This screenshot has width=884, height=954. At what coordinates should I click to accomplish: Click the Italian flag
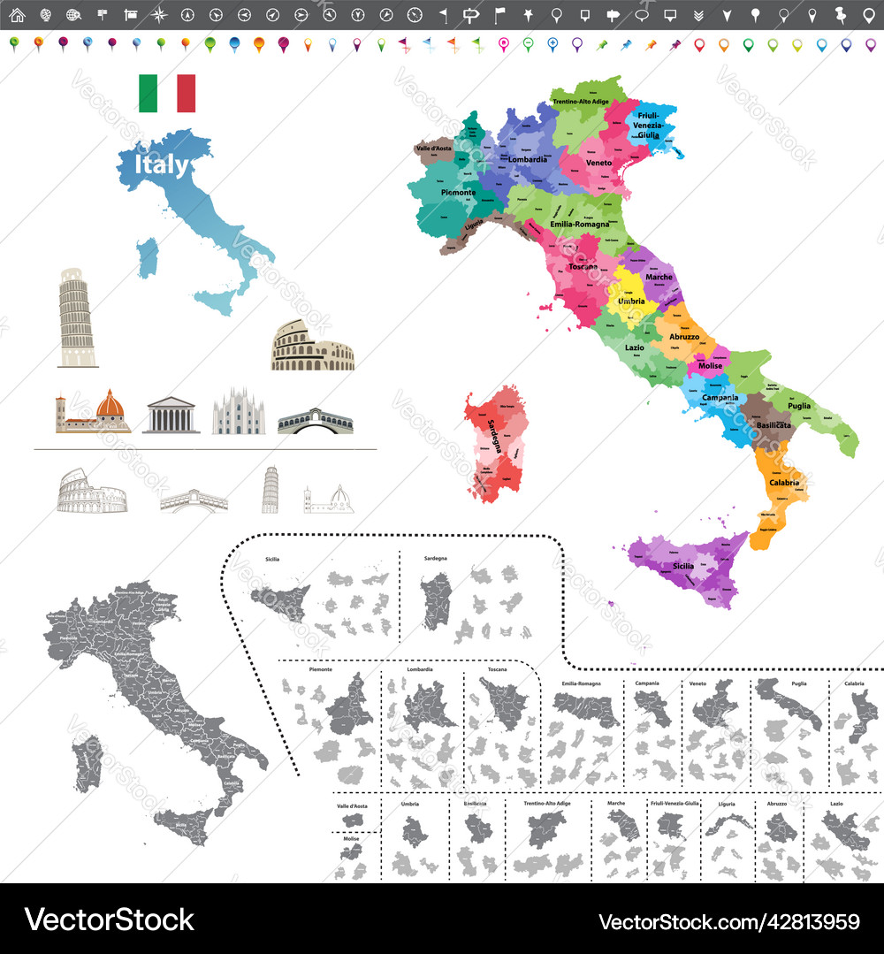[x=167, y=93]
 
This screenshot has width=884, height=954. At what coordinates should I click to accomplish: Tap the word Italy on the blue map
[x=161, y=165]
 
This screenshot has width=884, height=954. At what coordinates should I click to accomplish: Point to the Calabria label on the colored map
[x=784, y=483]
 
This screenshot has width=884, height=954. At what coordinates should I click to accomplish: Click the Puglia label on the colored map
[x=799, y=406]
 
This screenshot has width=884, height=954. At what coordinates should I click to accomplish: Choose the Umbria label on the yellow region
[x=631, y=301]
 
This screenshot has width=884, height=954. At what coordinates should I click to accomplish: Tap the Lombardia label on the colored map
[x=528, y=160]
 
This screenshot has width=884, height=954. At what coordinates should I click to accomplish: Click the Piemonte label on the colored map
[x=458, y=192]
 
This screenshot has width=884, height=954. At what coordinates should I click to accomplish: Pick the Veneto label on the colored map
[x=598, y=163]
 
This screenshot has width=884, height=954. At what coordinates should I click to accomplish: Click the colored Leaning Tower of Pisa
[x=77, y=317]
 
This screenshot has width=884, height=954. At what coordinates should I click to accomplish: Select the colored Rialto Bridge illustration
[x=315, y=421]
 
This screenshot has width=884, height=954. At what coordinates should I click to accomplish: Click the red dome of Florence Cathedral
[x=110, y=405]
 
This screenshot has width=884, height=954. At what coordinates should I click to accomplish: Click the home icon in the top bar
[x=17, y=15]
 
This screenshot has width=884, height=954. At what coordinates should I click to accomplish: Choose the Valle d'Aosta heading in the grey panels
[x=352, y=806]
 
